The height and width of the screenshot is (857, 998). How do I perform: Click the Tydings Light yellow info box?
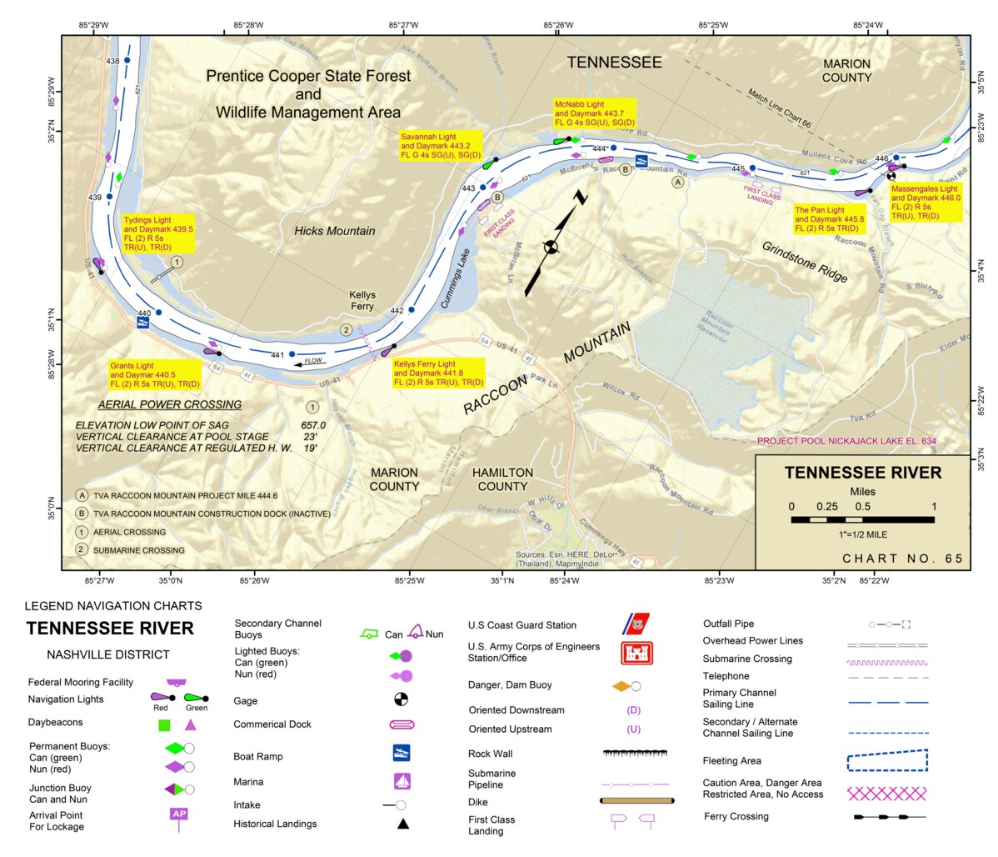coord(157,234)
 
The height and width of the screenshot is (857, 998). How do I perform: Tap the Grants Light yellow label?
coord(156,375)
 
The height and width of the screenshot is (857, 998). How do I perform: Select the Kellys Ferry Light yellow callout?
coord(438,373)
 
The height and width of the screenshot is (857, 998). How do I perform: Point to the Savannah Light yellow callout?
coord(441,146)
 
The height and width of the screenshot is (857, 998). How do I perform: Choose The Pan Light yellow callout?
coord(830,219)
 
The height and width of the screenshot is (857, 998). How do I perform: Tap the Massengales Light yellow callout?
coord(926,203)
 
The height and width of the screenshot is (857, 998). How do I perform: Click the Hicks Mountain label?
coord(334,231)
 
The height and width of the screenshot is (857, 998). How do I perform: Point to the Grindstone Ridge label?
coord(804,262)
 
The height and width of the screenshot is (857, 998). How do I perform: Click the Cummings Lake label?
coord(456,279)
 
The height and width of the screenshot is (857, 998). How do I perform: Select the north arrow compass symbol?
coord(551,246)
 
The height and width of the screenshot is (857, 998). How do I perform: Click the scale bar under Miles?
coord(862,519)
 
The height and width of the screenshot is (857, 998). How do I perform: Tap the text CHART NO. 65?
coord(902,559)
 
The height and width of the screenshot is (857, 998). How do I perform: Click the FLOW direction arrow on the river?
coord(309,362)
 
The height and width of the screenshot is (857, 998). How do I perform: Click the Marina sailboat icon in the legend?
coord(402,781)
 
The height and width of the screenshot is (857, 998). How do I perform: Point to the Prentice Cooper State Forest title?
coord(308,93)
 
